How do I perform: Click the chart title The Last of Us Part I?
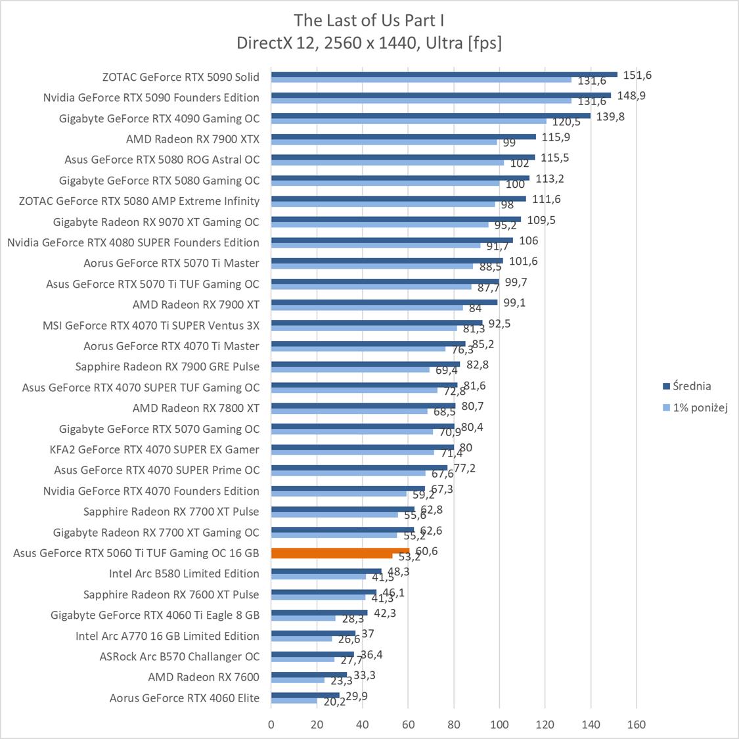369,19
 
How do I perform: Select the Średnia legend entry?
690,386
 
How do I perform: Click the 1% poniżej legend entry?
700,408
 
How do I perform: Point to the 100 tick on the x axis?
499,725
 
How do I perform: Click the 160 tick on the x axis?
637,725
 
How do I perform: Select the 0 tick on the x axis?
271,725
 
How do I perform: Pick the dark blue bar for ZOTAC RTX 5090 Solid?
444,74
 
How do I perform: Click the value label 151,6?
637,75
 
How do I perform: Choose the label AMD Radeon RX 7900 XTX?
192,139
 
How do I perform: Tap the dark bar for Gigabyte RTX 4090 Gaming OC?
431,116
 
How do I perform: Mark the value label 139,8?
610,116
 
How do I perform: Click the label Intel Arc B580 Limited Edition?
184,573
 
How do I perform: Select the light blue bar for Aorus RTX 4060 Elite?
294,701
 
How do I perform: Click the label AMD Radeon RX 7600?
204,677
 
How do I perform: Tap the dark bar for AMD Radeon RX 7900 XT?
384,302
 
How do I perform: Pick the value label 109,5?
541,220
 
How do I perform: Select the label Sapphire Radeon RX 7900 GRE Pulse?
168,367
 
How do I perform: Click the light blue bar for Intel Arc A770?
302,638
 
